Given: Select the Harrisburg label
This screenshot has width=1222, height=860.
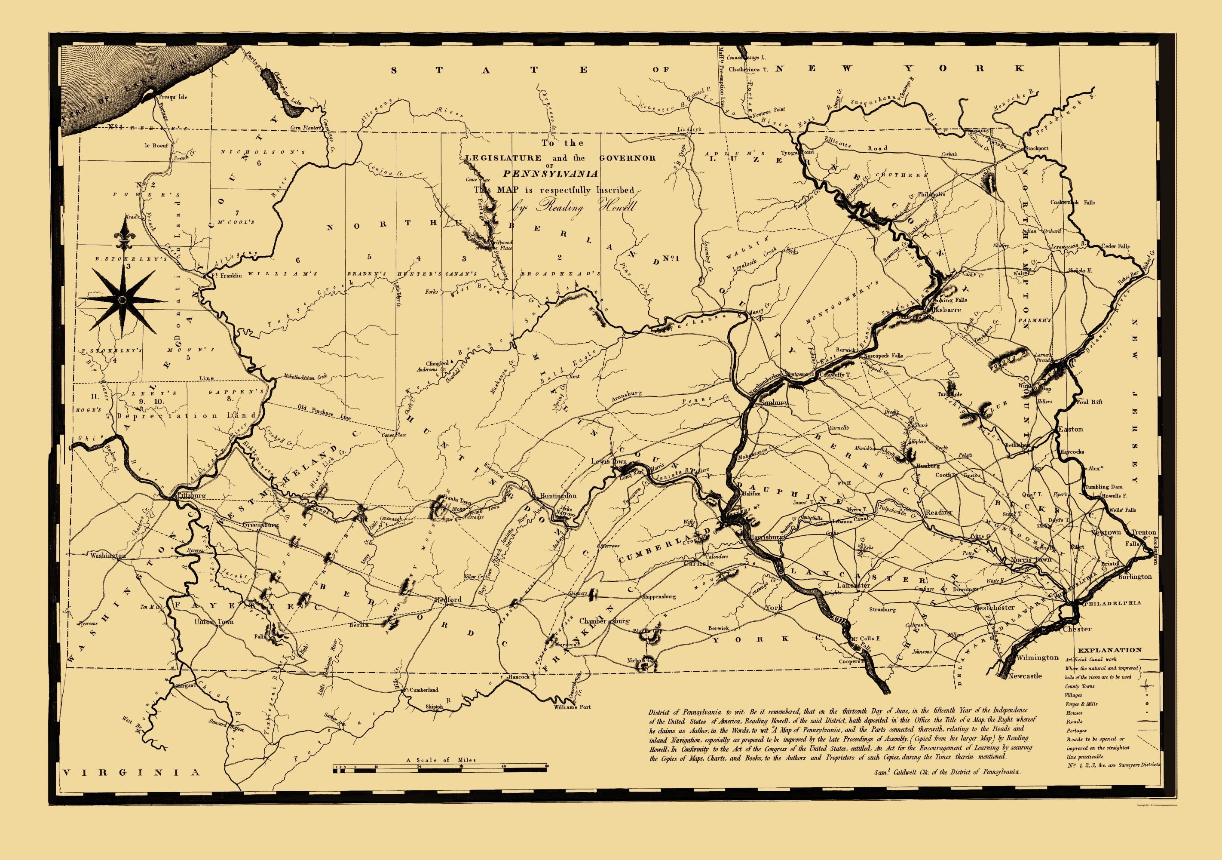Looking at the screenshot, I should (766, 537).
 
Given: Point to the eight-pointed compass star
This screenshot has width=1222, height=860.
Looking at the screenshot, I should (123, 300).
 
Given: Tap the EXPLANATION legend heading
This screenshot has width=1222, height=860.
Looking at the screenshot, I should (1110, 650).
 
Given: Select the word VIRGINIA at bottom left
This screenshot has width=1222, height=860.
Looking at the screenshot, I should (130, 773).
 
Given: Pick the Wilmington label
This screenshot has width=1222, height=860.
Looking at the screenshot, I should (1037, 657).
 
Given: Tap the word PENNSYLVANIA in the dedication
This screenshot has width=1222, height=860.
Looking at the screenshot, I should (550, 174).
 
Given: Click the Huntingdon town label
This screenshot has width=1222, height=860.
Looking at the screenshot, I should (558, 496).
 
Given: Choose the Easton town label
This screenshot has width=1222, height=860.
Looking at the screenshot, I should (1070, 429).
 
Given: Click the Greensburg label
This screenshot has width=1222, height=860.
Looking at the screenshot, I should (260, 525).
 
